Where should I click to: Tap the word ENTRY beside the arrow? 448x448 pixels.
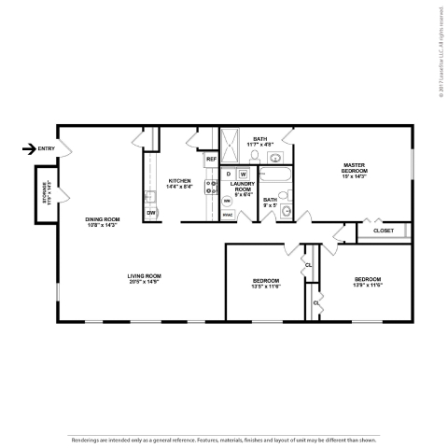coord(48,148)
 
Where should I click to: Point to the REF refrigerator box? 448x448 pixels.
coord(211,160)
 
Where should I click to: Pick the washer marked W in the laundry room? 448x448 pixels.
coord(243,174)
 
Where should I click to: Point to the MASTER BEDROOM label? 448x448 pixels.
coord(354,169)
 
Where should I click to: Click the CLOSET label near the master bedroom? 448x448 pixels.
coord(383,230)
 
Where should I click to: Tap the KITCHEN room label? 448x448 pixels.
coord(179,180)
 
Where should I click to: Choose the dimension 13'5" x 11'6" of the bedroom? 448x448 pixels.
coord(266,287)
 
